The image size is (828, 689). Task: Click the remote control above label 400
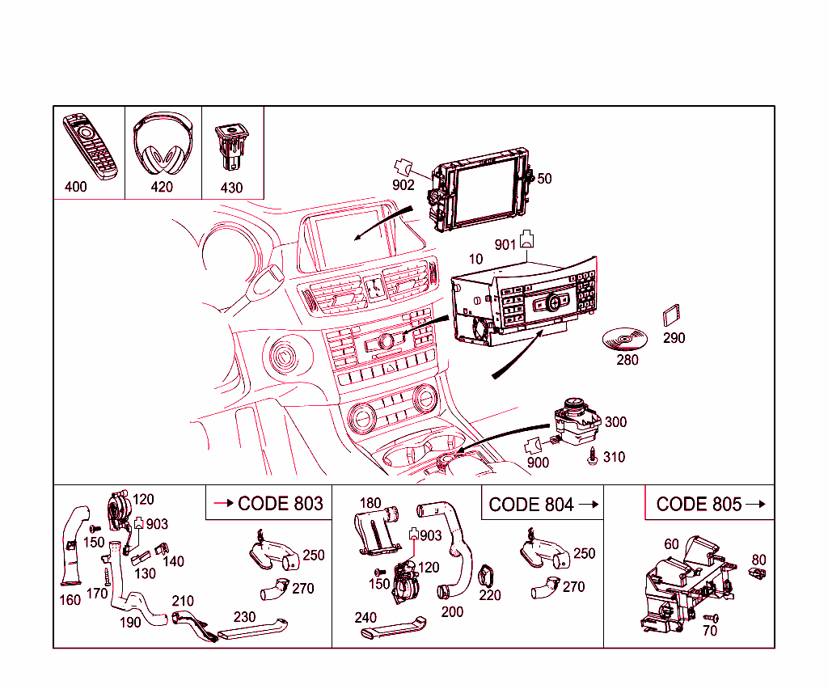[x=91, y=146]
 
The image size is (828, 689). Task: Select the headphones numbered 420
[x=163, y=146]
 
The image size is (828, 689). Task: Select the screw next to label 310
[x=594, y=456]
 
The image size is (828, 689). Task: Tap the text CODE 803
[x=280, y=504]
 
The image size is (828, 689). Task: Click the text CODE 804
[x=531, y=505]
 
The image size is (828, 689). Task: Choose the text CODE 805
[x=699, y=505]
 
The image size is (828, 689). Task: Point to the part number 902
[x=403, y=185]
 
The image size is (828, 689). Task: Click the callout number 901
[x=505, y=244]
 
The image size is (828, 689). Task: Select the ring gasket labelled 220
[x=488, y=576]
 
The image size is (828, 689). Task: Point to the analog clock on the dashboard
[x=373, y=287]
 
